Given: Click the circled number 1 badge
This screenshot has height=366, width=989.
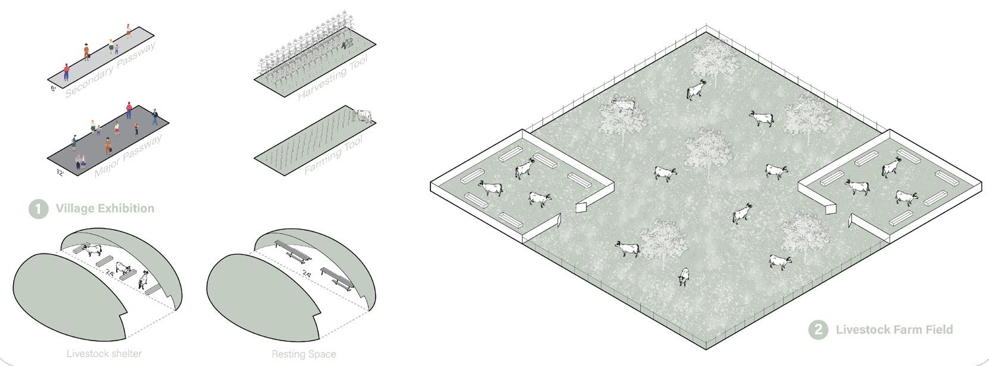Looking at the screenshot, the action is pos(38,209).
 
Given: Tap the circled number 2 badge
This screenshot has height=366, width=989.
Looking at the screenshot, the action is pos(818,330).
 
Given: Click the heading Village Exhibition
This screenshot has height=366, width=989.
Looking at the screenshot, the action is pos(105,208).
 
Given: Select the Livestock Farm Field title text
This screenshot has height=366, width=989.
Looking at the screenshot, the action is pos(894,330).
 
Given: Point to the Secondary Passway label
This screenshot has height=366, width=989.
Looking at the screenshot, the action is pos(110,70).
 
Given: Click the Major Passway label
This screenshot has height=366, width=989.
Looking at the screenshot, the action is pos(128,157).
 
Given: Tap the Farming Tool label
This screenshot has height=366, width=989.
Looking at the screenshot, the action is pos(333,156).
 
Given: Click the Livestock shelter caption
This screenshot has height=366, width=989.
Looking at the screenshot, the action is pos(104,354).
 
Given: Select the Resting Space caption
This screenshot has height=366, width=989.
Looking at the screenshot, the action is pos(304,354).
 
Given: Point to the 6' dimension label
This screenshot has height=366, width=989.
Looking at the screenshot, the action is pos(54,89).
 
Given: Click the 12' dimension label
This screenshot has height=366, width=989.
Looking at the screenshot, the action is pos(60,173).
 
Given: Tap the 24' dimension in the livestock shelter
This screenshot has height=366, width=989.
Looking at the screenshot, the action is pos(110,273).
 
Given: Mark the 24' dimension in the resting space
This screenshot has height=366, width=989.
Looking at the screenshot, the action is pos(307,274).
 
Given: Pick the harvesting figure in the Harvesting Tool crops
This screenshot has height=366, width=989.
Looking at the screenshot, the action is pos(347,42).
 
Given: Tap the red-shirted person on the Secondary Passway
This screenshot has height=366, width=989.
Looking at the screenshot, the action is pos(66,72).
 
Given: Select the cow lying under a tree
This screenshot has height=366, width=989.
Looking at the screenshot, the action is pos(624,106).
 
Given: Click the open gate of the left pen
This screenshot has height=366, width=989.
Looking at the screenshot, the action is pos(582,207).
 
